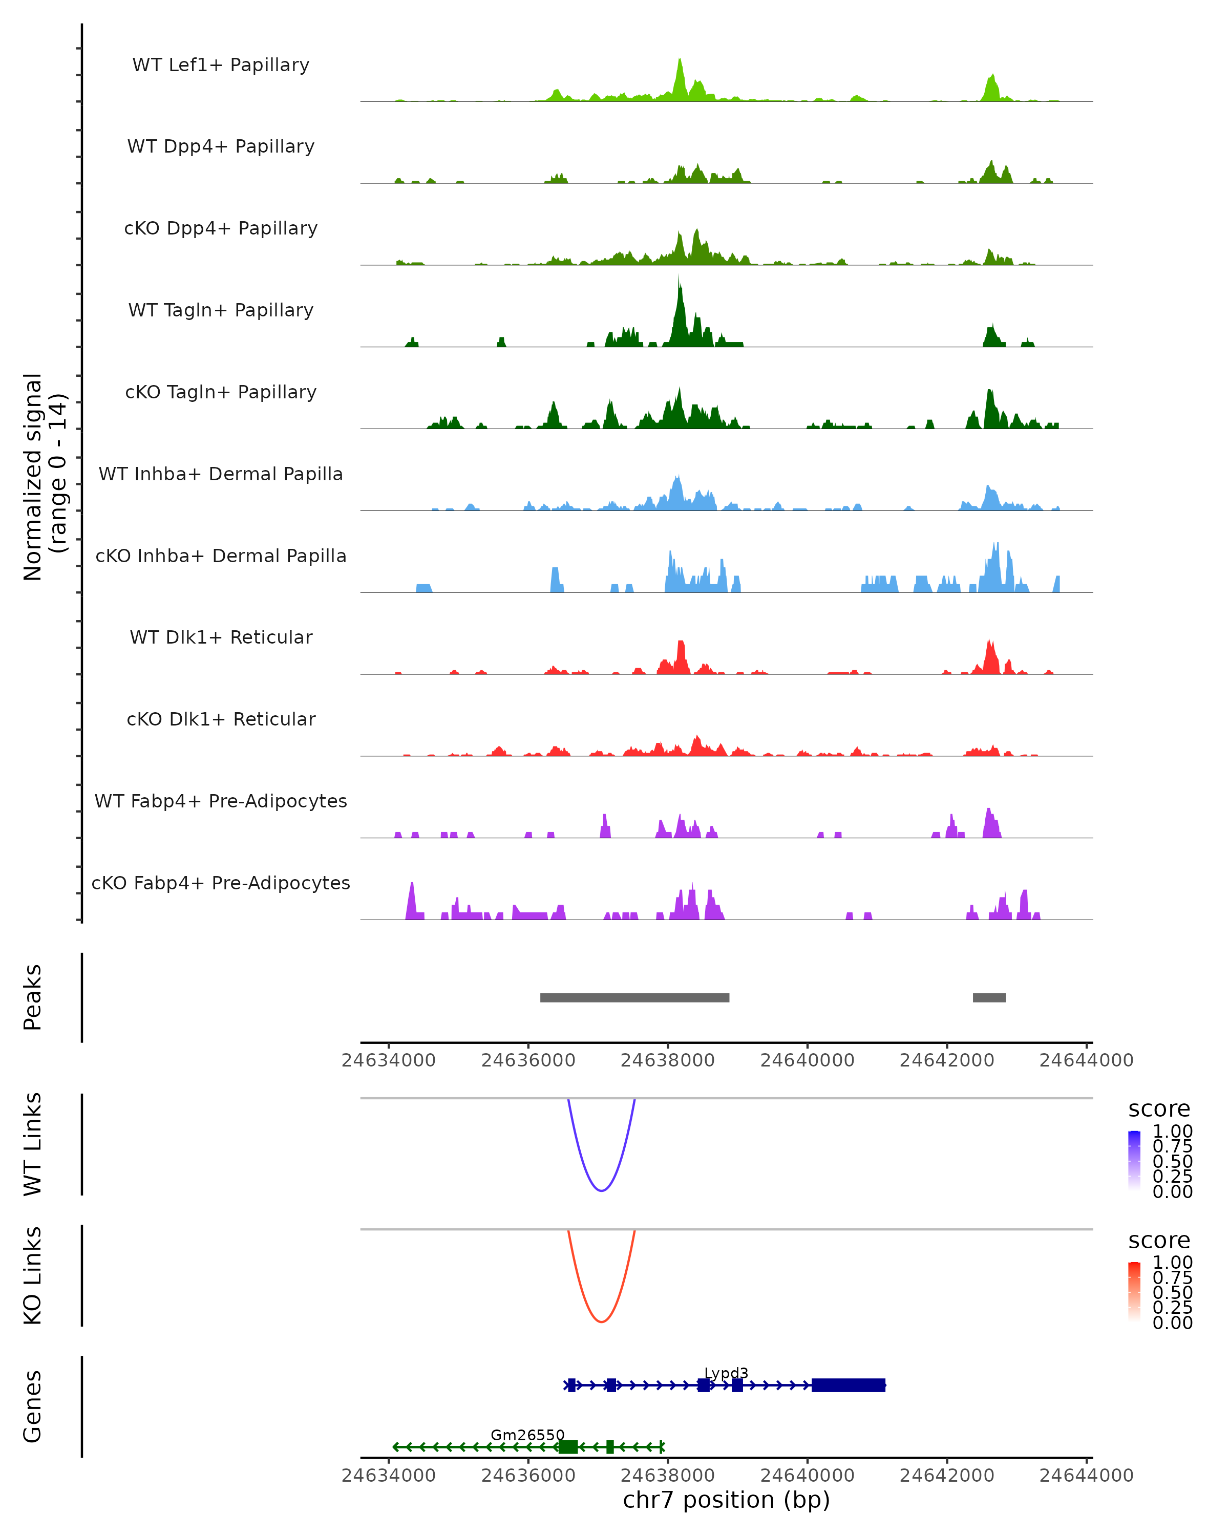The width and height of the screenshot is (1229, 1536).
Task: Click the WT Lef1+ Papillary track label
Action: point(221,65)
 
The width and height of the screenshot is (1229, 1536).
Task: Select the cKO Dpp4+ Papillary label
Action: point(221,228)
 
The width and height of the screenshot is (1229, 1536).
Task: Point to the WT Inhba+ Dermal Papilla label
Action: point(221,474)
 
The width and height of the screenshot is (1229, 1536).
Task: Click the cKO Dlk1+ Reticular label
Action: point(221,719)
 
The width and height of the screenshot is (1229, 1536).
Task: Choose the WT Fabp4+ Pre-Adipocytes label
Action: point(221,801)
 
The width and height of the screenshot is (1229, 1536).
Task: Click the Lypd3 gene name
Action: point(726,1373)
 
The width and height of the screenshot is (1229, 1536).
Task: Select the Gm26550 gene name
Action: point(527,1435)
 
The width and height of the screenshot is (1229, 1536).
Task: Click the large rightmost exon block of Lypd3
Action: point(848,1385)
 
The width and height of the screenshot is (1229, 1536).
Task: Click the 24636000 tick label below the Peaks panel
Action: point(528,1060)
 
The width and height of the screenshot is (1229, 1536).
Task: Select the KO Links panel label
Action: point(33,1275)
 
